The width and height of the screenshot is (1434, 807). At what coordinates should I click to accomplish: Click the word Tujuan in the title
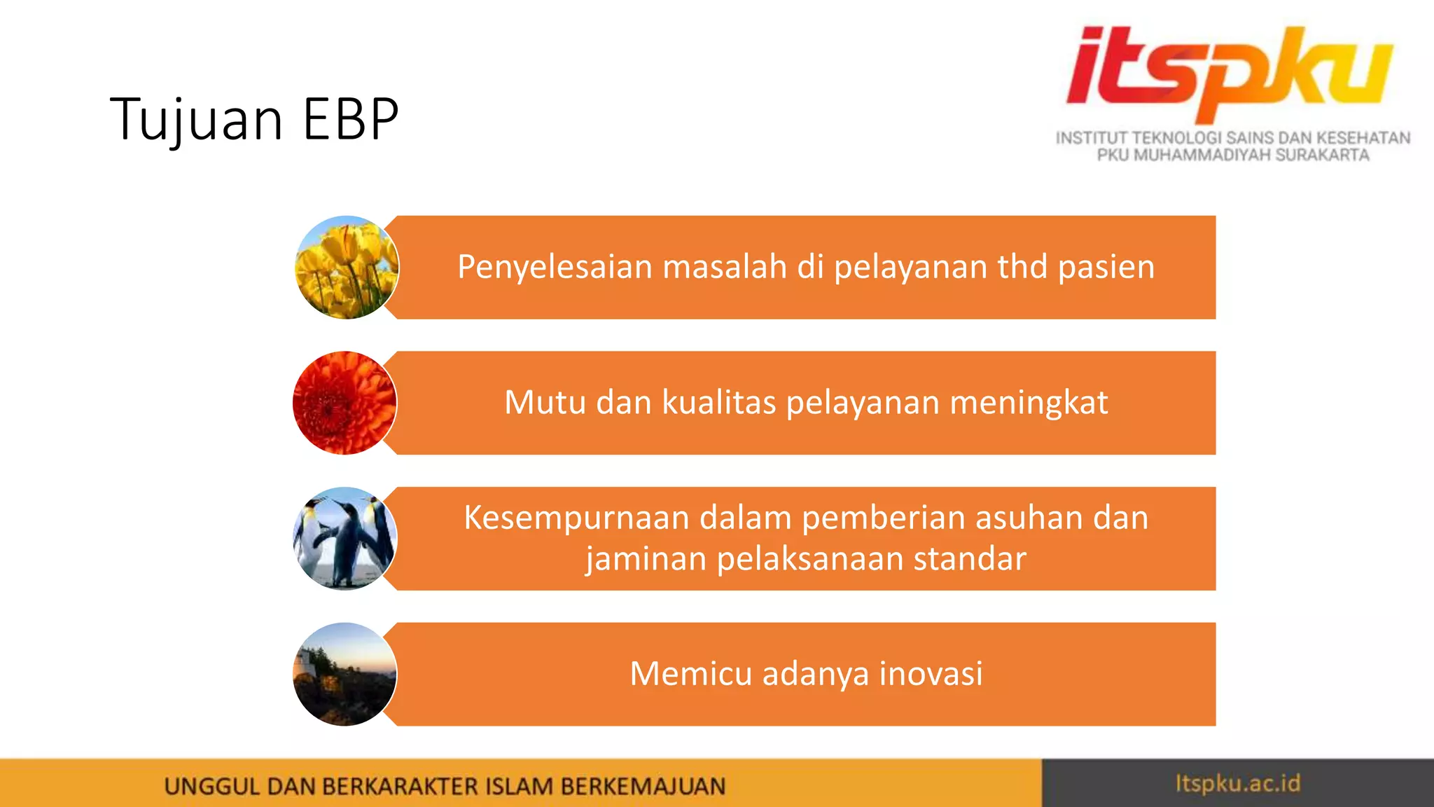tap(196, 119)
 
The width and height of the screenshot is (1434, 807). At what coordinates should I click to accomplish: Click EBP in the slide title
tap(350, 119)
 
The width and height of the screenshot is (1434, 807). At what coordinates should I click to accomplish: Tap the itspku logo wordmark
tap(1229, 74)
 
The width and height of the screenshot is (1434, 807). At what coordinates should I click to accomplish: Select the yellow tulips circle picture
tap(347, 268)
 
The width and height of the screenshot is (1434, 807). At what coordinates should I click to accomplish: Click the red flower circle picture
tap(344, 403)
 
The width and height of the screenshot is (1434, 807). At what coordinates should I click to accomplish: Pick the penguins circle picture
tap(344, 538)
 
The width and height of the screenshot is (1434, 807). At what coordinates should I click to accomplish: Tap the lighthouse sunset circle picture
tap(344, 674)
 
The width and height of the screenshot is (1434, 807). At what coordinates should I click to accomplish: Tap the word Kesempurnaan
tap(578, 518)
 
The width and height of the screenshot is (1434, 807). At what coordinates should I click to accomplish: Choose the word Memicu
tap(690, 674)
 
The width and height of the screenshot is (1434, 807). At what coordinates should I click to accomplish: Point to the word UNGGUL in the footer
tap(211, 787)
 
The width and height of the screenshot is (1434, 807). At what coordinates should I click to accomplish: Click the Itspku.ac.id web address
tap(1237, 783)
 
